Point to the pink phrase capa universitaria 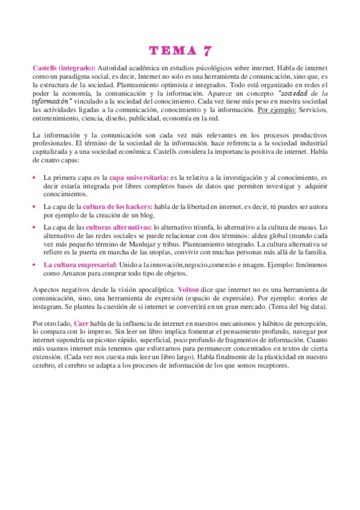point(139,178)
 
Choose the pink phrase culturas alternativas point(117,228)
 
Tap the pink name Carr point(82,324)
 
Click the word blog point(147,215)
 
